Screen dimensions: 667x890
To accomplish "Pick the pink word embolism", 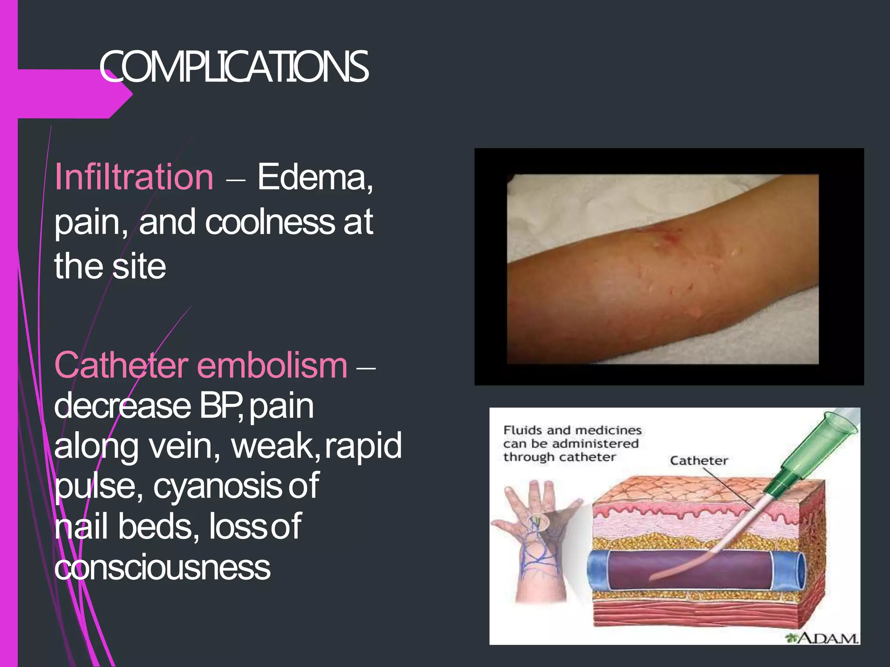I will [272, 366].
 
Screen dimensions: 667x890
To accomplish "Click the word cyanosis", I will [217, 486].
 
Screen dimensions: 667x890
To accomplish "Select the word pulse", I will [98, 486].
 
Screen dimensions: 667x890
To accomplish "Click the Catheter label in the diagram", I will [699, 461].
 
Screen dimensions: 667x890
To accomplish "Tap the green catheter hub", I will [821, 447].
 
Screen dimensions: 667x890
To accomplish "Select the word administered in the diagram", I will [595, 444].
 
